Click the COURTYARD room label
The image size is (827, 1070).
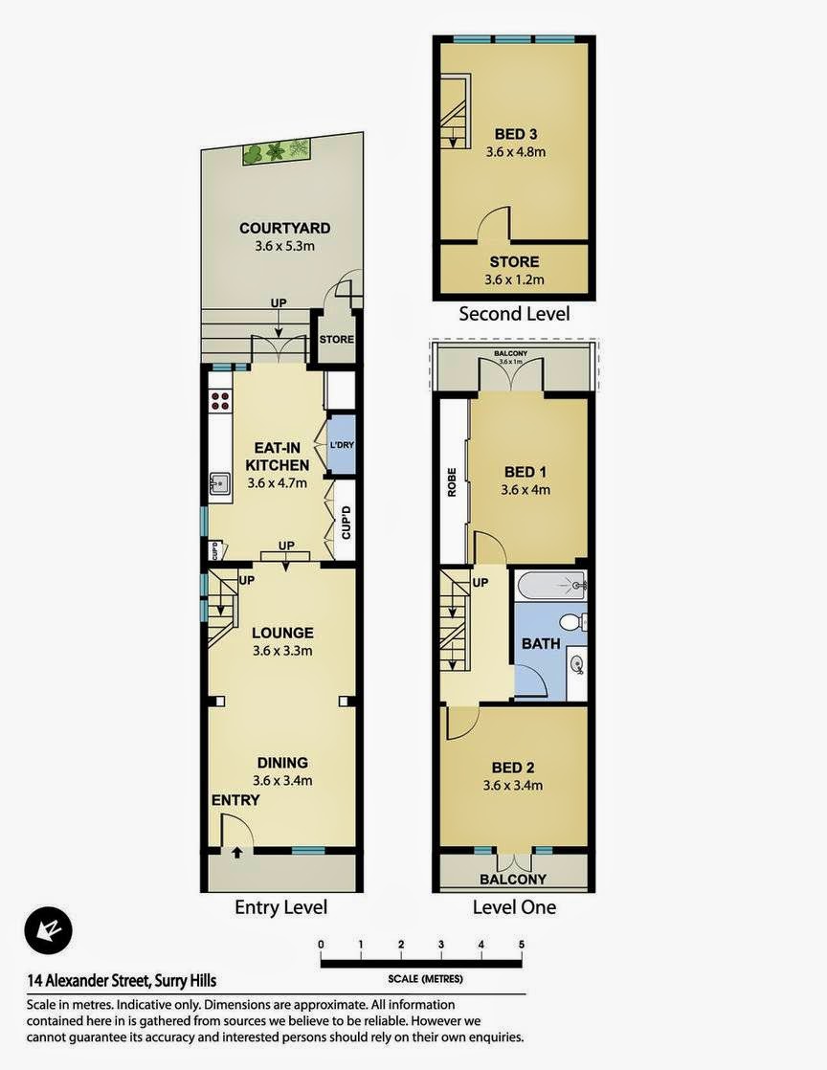tap(284, 228)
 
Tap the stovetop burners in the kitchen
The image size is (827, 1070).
tap(220, 401)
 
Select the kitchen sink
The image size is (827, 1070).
tap(220, 484)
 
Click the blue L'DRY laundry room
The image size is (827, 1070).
tap(341, 445)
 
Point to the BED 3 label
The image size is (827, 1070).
tap(516, 134)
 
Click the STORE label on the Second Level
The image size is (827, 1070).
tap(515, 261)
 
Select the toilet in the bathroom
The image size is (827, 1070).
tap(572, 622)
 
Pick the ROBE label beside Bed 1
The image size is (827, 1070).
tap(452, 481)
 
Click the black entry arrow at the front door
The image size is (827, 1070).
tap(236, 853)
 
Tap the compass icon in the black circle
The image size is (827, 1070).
tap(49, 929)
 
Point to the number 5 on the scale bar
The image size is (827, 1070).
tap(522, 946)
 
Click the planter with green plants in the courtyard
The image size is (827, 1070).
tap(277, 151)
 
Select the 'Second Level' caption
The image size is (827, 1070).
tap(514, 314)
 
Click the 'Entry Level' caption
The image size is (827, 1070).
tap(281, 907)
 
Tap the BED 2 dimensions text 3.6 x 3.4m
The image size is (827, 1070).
tap(513, 786)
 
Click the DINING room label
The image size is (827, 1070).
tap(282, 763)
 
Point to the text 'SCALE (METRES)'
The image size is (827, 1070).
tap(425, 978)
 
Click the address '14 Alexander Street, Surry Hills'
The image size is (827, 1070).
tap(122, 981)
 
